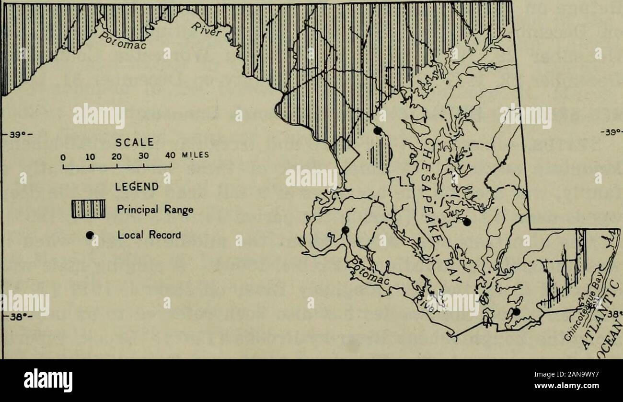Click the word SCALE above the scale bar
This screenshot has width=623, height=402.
point(137,142)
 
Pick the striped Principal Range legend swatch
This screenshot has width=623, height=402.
point(88,209)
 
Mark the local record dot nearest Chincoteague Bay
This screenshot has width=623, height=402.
point(516,311)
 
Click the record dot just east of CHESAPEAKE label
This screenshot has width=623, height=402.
point(466,222)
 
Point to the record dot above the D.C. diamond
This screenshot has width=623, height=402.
point(378,130)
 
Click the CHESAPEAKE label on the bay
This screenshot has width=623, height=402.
point(434,177)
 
